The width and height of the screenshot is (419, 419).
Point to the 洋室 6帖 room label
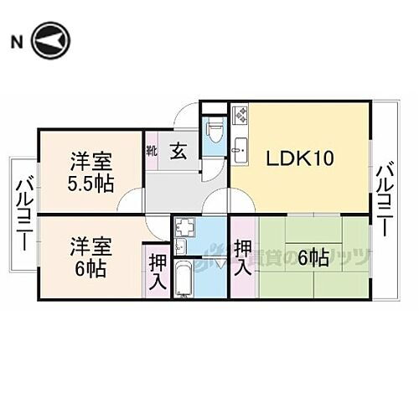tap(90, 256)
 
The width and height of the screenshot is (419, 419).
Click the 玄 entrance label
tap(179, 151)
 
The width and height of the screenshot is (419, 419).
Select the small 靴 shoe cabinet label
tap(152, 152)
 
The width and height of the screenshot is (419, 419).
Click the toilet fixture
tap(214, 132)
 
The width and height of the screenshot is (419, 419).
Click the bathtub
tap(184, 277)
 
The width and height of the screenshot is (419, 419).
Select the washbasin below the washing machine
tap(182, 246)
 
